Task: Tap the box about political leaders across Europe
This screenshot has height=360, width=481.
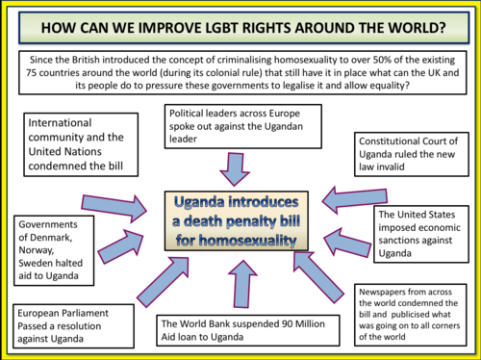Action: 229,123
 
